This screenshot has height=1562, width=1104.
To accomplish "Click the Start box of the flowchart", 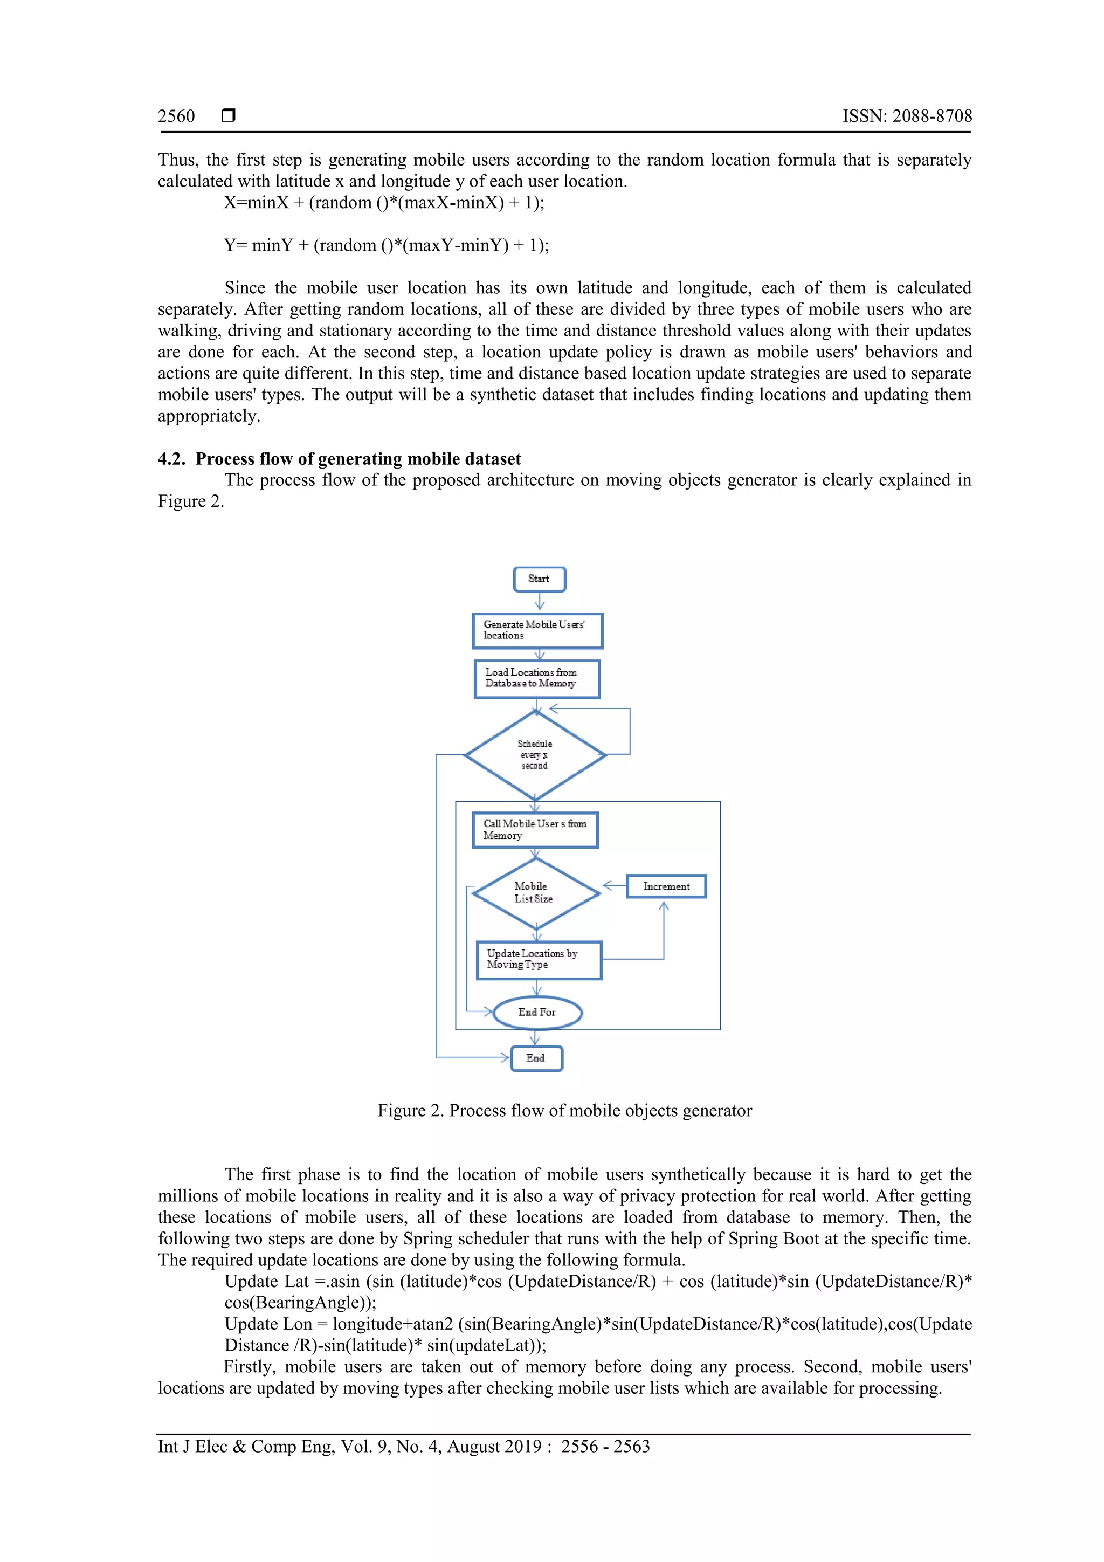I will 539,579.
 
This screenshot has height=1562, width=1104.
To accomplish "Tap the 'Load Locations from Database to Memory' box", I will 537,678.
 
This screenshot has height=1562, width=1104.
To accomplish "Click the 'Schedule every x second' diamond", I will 535,754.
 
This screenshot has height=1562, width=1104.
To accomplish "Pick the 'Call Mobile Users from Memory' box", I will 535,829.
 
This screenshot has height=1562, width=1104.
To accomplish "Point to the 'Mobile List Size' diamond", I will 535,892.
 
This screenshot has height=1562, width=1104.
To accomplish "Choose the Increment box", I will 666,886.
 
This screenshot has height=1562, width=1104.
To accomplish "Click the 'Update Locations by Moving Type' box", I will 539,959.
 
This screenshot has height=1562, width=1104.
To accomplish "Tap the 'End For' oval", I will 537,1011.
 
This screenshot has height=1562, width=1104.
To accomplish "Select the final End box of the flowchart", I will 536,1058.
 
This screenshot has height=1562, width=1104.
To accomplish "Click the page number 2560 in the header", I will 176,116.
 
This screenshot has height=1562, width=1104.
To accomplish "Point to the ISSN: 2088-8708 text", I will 907,116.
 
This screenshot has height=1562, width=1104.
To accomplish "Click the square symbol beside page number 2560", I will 229,115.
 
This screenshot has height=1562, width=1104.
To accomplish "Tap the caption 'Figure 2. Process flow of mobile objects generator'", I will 564,1110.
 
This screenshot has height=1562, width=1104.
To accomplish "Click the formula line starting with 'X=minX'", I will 384,203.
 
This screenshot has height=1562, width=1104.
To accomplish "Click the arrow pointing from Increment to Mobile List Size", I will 614,886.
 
